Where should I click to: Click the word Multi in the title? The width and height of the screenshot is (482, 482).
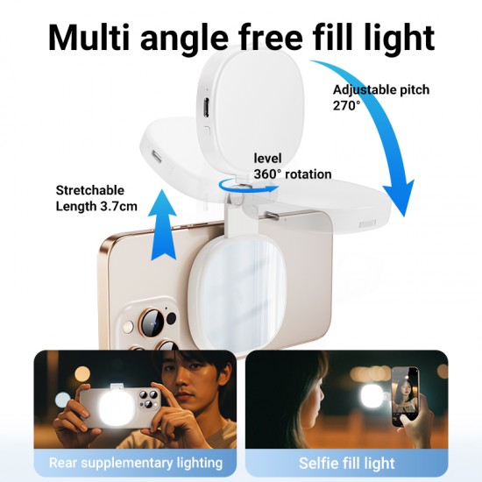coord(89,38)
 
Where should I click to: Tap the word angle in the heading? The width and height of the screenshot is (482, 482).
coord(184,40)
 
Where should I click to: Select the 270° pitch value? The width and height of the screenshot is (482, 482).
coord(346,106)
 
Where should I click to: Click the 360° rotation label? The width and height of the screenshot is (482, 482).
coord(293,174)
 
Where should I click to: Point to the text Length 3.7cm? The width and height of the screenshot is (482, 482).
coord(96,206)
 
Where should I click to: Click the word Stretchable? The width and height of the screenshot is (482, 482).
coord(90,190)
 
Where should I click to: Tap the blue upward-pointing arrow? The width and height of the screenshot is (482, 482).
coord(162,225)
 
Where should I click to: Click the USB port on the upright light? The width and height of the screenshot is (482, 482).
coord(206,108)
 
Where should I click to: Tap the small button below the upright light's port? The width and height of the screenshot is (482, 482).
coord(207,131)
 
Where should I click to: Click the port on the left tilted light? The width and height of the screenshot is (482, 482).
coord(157,156)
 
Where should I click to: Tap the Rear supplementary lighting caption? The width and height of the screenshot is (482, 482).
coord(136,463)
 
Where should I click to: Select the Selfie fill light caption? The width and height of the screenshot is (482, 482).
coord(347,464)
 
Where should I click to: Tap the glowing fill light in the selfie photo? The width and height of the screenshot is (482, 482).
coord(372,396)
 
